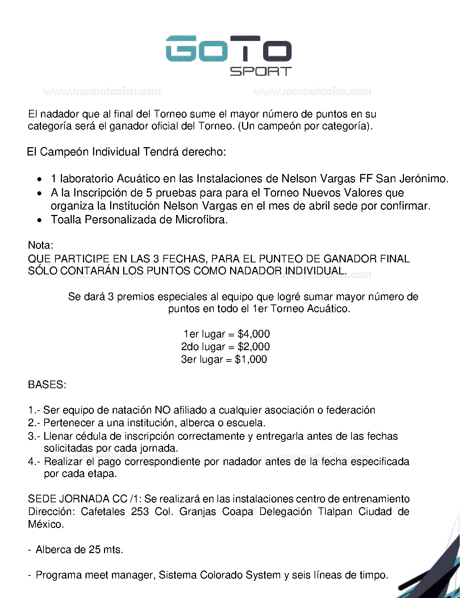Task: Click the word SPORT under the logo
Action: coord(261,71)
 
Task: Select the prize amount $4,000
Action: coord(254,334)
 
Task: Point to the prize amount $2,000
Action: coord(254,346)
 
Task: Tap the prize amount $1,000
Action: coord(251,359)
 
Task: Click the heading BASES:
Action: coord(47,385)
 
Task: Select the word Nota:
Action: coord(41,245)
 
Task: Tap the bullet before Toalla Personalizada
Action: coord(40,220)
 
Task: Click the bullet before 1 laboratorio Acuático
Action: coord(40,179)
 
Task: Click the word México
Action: coord(46,524)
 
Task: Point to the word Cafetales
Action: coord(103,511)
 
